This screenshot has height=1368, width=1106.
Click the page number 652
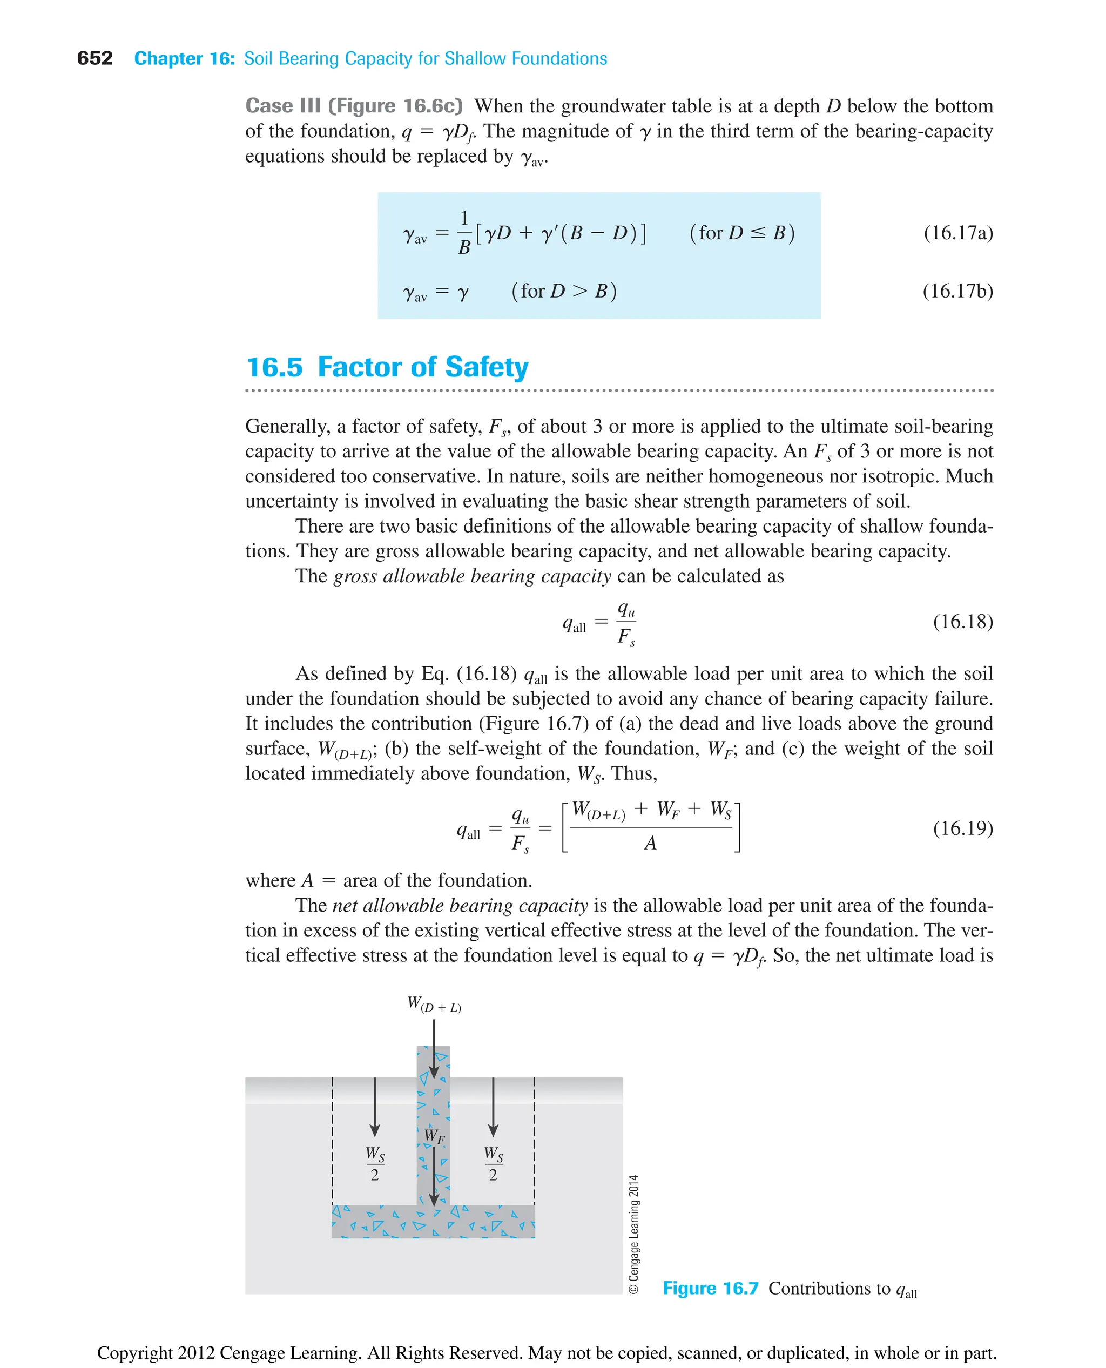(x=95, y=59)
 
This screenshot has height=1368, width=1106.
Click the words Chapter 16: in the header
(x=184, y=59)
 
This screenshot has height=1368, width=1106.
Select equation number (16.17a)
(x=957, y=233)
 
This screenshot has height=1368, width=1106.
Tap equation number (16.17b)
(x=957, y=291)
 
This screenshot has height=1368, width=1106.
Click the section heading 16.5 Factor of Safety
(x=387, y=368)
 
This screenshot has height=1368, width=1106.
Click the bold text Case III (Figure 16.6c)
(x=354, y=106)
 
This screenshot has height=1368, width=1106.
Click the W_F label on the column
(x=434, y=1135)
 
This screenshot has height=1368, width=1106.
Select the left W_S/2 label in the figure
(x=375, y=1163)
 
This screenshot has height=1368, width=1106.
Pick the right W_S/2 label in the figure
(x=493, y=1163)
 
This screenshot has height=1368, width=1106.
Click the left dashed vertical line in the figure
(x=332, y=1141)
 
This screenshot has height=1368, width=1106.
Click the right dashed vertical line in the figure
(x=535, y=1141)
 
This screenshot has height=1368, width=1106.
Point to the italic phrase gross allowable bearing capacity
(x=472, y=576)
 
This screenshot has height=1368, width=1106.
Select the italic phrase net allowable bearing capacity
(x=460, y=905)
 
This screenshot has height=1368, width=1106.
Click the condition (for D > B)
(x=564, y=291)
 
